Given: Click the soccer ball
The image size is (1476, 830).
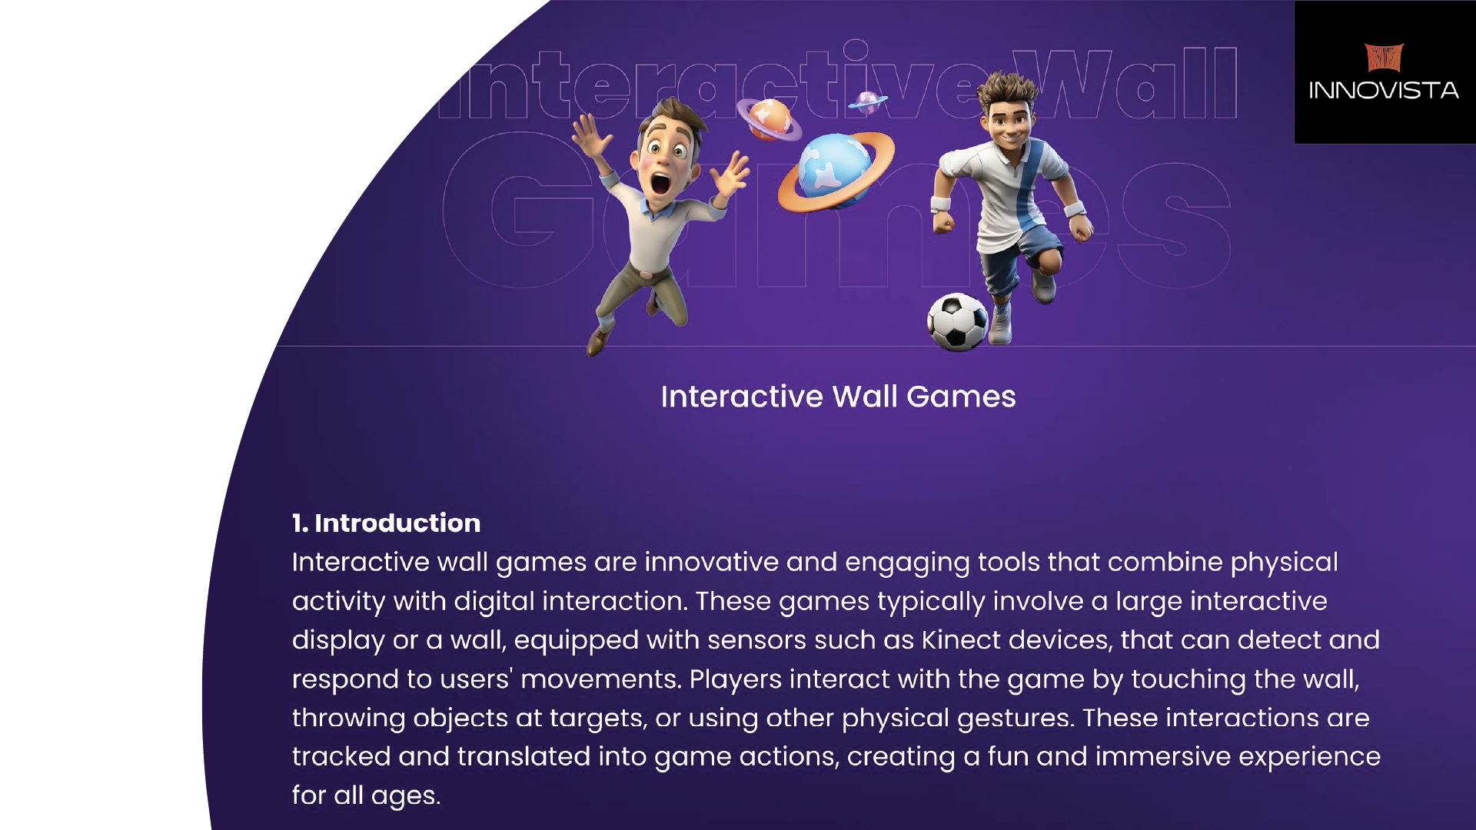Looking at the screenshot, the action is [x=957, y=322].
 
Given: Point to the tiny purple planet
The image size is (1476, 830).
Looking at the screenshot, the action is [x=868, y=101].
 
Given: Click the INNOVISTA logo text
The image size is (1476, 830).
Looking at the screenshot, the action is [x=1384, y=91].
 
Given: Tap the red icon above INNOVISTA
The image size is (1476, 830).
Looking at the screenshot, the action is [x=1384, y=58].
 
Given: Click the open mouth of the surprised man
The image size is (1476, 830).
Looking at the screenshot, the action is [x=660, y=183].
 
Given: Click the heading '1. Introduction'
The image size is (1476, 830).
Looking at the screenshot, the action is [x=386, y=523].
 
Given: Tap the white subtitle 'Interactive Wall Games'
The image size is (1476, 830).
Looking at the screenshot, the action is [x=838, y=397].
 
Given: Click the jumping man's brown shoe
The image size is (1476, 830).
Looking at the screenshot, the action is [x=599, y=340].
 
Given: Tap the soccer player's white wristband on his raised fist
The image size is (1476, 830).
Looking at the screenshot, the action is [x=941, y=204].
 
